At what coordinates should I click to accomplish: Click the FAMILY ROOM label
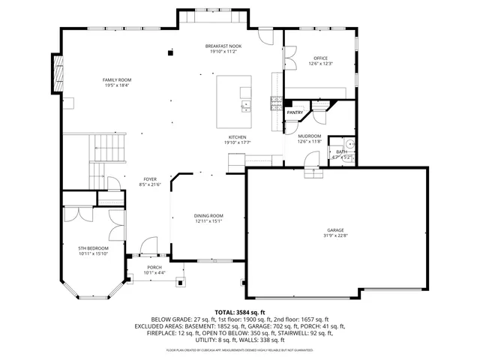click(x=116, y=79)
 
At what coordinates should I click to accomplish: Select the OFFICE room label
click(x=319, y=58)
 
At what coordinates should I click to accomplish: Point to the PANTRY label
click(x=295, y=112)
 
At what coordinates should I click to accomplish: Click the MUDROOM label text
click(x=309, y=136)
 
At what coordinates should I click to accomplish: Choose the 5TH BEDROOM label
click(x=94, y=248)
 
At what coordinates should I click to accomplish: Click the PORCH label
click(x=154, y=267)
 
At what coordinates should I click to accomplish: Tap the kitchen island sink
click(x=245, y=106)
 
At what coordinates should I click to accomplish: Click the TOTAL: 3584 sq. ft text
click(x=240, y=311)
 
